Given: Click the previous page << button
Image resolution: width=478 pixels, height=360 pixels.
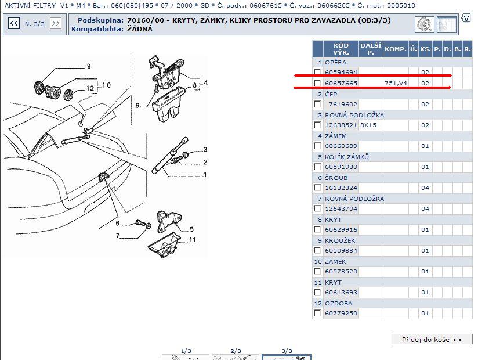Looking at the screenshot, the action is pos(14,23).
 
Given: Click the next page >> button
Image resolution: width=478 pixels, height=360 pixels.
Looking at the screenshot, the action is pos(56,23).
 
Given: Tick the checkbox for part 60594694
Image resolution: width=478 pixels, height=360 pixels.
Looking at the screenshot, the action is pos(317,72).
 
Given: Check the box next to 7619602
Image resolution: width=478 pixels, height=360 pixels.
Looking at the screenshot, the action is pos(317,104).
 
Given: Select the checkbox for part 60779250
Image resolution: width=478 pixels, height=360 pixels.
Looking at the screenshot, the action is pos(317,313).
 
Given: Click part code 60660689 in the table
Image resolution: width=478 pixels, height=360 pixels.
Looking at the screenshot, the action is pos(341,146).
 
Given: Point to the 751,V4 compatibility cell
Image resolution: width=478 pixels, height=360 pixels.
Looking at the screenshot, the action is pos(396,83).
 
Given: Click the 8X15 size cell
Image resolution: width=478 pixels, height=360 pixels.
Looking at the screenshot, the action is pos(368,125).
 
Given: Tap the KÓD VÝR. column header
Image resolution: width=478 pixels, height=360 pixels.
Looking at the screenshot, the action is pos(341,49).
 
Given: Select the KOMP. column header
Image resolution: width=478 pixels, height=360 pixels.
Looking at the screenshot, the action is pos(396,49).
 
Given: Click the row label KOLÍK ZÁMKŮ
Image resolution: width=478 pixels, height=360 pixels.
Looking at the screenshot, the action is pos(347,157).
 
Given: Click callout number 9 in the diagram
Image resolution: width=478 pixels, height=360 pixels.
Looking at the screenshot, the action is pos(89,66).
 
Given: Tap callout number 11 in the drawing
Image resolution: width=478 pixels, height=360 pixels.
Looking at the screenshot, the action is pos(193,240).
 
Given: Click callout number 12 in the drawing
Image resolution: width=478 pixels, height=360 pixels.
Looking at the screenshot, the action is pos(90,88).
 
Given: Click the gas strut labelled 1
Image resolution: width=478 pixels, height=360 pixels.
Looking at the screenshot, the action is pos(170,156).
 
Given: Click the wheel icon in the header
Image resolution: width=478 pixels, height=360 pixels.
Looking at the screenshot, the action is pos(425,24).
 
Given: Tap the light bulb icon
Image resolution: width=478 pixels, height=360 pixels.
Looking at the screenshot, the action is pos(466,17).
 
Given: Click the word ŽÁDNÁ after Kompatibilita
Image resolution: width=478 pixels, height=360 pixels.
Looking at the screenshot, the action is pos(140,29).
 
